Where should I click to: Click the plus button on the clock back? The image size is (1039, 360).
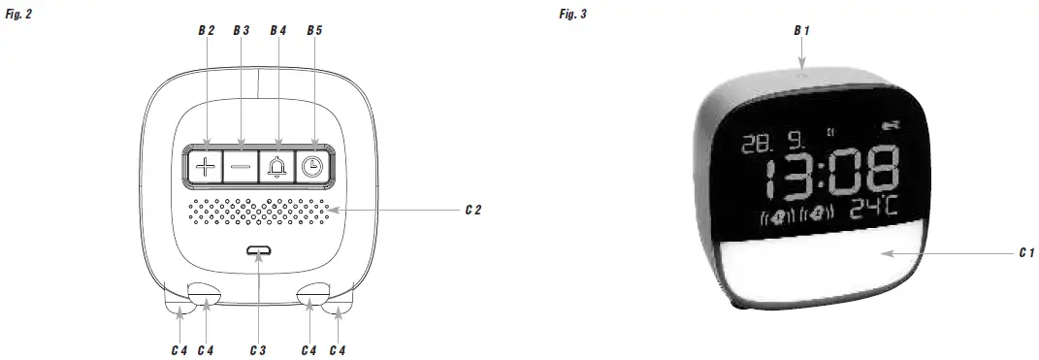click(206, 166)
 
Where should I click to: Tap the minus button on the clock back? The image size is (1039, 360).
click(241, 166)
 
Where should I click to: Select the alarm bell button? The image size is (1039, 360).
click(276, 166)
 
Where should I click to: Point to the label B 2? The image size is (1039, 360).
click(206, 30)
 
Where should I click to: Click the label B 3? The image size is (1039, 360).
click(242, 30)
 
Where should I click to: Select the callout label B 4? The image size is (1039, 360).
click(278, 30)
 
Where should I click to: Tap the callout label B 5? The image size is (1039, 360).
click(314, 30)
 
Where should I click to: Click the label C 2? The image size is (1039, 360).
click(473, 211)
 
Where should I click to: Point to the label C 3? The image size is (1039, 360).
click(258, 350)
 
